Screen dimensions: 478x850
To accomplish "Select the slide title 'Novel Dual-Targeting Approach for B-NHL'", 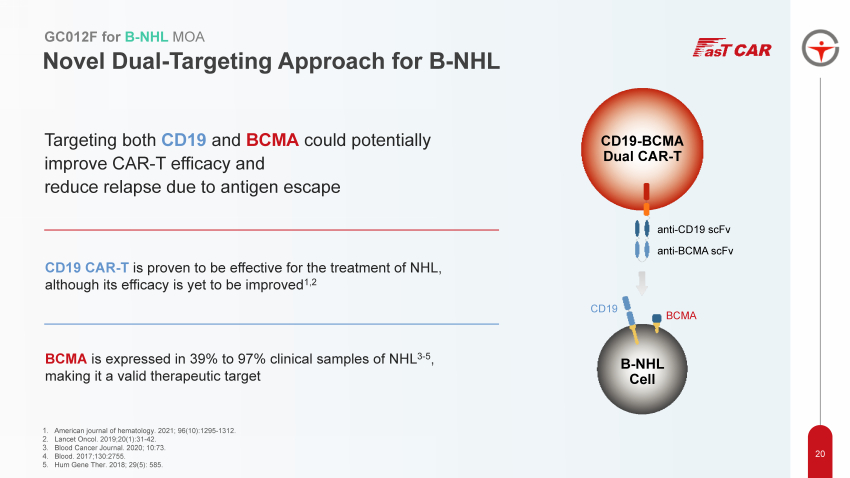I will coord(271,62).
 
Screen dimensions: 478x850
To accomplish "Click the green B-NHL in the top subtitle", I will coord(148,37).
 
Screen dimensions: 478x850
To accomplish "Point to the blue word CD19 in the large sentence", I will coord(184,140).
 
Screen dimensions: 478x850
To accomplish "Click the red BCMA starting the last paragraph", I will coord(66,357).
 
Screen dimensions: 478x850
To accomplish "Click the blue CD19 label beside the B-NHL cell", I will coord(604,309).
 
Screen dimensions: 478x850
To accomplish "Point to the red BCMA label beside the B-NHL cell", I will coord(680,315).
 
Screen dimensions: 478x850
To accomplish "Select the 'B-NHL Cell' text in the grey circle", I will coord(641,371).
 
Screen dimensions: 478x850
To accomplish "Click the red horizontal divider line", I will coord(271,230).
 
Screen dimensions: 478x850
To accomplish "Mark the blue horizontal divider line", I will coord(271,324).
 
